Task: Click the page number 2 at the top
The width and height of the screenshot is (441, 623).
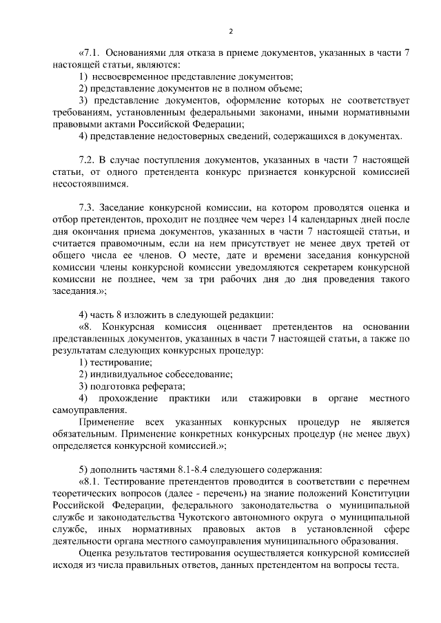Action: [231, 31]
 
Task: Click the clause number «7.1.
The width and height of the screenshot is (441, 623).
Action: [91, 53]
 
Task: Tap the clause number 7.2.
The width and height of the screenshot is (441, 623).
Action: [89, 160]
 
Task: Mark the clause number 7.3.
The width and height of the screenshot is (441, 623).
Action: [89, 207]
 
